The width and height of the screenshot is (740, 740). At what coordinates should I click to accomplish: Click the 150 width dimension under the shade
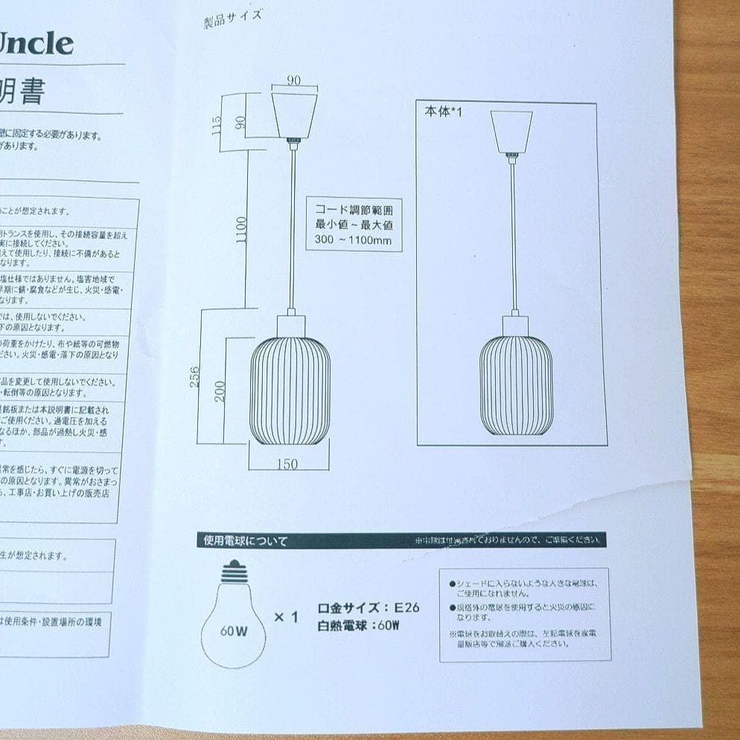287,465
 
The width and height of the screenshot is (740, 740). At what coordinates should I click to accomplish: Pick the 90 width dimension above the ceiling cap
294,80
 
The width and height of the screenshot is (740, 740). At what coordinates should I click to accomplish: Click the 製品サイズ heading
232,18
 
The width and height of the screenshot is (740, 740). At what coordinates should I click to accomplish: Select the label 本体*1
444,112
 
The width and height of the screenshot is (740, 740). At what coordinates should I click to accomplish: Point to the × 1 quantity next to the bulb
286,617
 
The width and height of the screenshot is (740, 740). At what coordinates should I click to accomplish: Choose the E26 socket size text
406,607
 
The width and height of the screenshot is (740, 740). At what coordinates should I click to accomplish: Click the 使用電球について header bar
246,541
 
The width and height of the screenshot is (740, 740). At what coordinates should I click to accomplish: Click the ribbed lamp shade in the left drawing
290,391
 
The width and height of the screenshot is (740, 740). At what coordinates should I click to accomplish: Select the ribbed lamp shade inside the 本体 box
516,385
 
